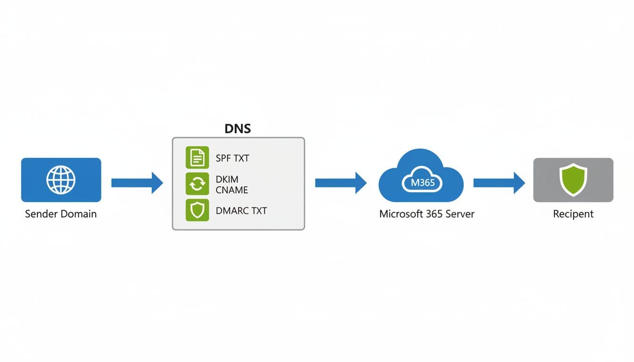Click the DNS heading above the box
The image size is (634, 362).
tap(238, 129)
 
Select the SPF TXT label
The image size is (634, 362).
tap(232, 158)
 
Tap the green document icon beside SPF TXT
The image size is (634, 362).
tap(197, 157)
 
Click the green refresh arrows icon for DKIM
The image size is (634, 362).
tap(197, 184)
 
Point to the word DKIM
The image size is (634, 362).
tap(227, 180)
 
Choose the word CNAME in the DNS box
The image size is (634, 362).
tap(232, 190)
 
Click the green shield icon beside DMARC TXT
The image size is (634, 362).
tap(197, 210)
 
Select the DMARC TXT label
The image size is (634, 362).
tap(241, 211)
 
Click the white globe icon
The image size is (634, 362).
tap(61, 180)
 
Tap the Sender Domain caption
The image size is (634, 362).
tap(61, 214)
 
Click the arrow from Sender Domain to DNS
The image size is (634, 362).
tap(137, 183)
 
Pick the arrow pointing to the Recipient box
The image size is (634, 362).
tap(499, 183)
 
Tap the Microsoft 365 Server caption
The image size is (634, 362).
tap(426, 214)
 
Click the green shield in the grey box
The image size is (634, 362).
tap(573, 180)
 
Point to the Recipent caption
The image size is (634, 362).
tap(573, 214)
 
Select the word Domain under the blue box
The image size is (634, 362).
tap(78, 214)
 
